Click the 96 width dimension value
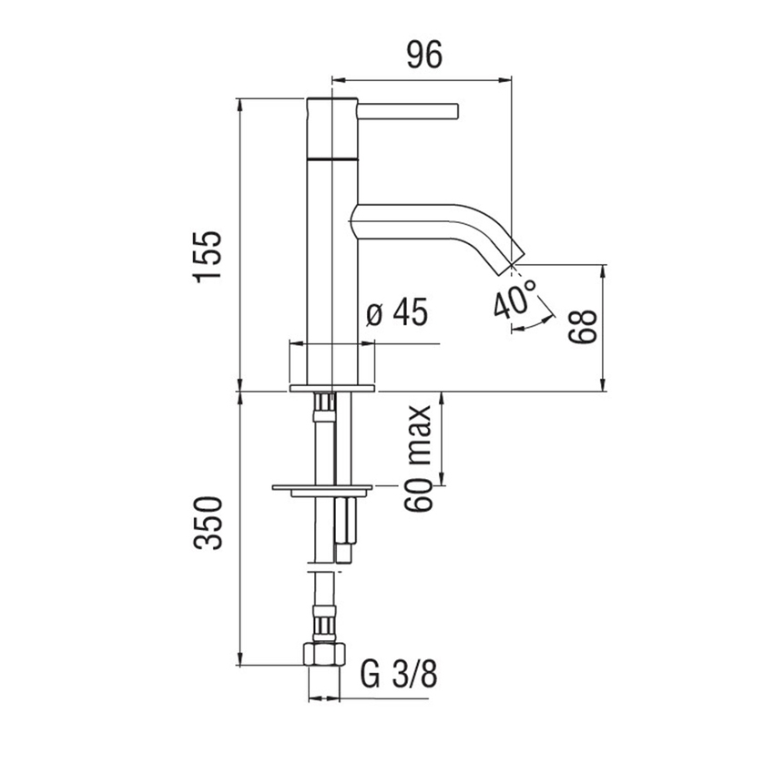[x=423, y=56]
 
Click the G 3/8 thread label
[x=399, y=676]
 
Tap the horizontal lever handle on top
[x=408, y=111]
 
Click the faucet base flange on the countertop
[x=332, y=389]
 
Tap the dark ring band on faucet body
[x=332, y=159]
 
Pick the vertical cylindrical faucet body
[x=332, y=273]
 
